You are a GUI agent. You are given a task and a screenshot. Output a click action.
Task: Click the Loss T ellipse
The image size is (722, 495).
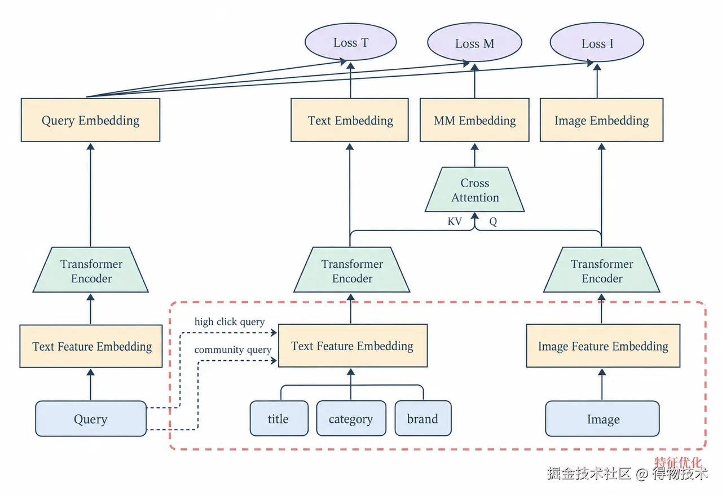coord(351,42)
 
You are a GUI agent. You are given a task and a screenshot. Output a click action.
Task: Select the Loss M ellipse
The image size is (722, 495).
coord(474,42)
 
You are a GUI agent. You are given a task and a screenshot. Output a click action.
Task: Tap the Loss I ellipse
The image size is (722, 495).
coord(597,42)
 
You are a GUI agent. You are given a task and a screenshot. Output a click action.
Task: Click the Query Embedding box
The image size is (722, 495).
coord(91,120)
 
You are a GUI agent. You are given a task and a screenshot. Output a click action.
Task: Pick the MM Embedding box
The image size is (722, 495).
coord(474,120)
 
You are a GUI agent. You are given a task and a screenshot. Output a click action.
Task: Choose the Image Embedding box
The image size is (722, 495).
coord(601,120)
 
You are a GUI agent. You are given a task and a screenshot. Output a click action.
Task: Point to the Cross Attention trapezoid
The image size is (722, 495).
coord(475,189)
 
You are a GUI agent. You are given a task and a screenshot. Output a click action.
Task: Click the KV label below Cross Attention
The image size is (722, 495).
coord(455,222)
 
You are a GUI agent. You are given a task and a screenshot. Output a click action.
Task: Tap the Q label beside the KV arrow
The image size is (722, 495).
coord(493,222)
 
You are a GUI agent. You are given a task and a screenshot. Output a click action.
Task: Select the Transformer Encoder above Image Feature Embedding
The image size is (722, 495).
coord(602,270)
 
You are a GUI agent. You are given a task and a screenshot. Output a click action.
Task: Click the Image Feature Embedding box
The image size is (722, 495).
coord(603,346)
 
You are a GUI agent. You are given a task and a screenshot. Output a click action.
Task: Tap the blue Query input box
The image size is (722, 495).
coord(91,419)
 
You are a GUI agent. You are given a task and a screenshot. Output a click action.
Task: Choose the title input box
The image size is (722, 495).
coord(279,418)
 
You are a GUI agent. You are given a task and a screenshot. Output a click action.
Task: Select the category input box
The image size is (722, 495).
coord(351,418)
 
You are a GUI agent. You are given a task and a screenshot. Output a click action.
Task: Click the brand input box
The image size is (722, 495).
coord(423,418)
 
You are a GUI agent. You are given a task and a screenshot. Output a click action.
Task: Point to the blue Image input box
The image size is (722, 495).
coord(602,419)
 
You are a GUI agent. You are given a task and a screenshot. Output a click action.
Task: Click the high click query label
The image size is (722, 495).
coord(230,321)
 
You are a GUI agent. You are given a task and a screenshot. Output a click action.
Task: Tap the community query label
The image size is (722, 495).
coord(233,350)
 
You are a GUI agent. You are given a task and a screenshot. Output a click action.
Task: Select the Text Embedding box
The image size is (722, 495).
coord(350,120)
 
